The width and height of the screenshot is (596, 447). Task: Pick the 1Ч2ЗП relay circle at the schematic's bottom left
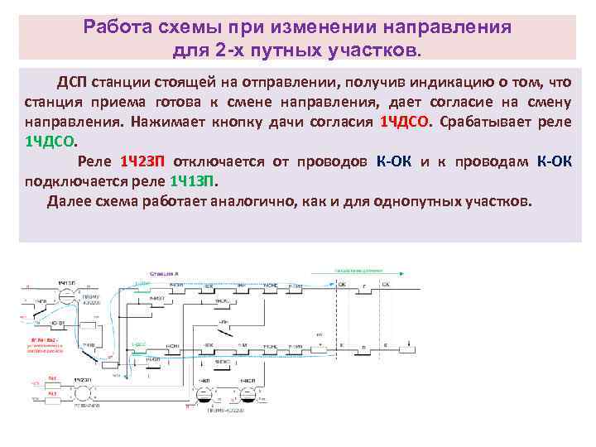coord(81,391)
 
